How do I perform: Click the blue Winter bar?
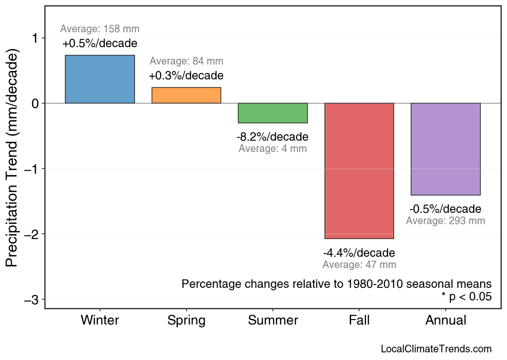(x=100, y=79)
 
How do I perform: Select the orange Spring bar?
(x=186, y=96)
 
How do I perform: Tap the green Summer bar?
(x=273, y=113)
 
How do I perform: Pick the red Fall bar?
(x=359, y=171)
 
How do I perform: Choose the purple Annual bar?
(x=446, y=149)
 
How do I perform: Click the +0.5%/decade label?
(x=100, y=44)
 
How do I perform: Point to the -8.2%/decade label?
(x=272, y=137)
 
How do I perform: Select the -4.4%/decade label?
(x=359, y=253)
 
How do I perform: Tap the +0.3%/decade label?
(x=186, y=76)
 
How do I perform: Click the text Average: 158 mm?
(x=100, y=29)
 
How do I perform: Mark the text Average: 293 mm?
(x=445, y=221)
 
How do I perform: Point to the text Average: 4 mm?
(x=272, y=149)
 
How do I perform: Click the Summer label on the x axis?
(x=273, y=320)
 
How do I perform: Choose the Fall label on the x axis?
(x=359, y=320)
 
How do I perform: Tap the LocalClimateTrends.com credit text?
(x=436, y=349)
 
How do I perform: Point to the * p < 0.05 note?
(x=466, y=297)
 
